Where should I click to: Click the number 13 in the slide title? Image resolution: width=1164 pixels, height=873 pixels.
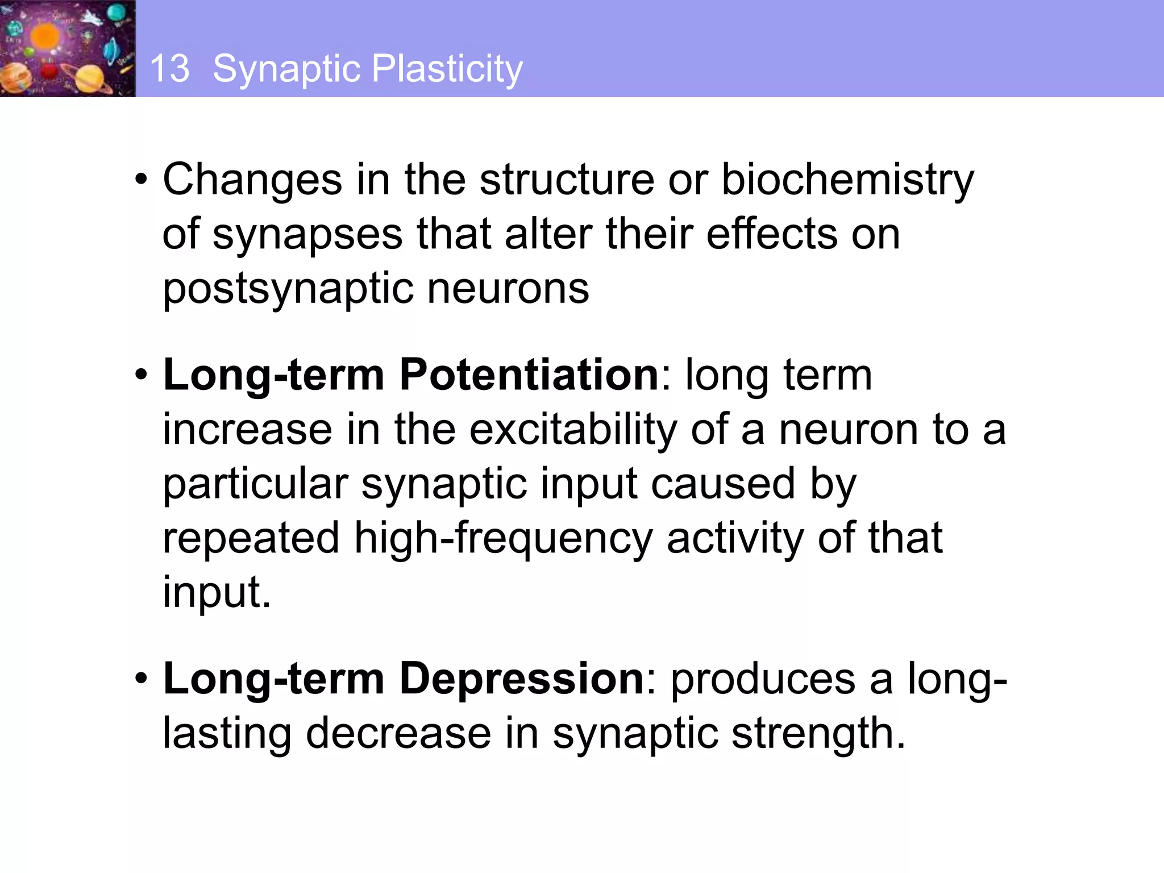[x=169, y=69]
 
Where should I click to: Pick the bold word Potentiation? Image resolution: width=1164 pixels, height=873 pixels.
[x=529, y=375]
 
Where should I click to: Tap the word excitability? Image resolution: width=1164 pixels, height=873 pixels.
[x=573, y=429]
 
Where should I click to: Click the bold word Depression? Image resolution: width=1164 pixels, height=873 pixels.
[x=521, y=679]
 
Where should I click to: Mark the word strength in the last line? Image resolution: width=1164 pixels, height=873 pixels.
[x=818, y=733]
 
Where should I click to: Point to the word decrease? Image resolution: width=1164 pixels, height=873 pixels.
[x=398, y=733]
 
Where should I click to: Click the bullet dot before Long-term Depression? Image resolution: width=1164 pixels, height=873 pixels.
[x=142, y=679]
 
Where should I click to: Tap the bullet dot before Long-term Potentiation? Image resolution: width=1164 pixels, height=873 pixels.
[x=142, y=375]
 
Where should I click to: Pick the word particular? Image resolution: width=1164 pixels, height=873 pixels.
[x=255, y=484]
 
